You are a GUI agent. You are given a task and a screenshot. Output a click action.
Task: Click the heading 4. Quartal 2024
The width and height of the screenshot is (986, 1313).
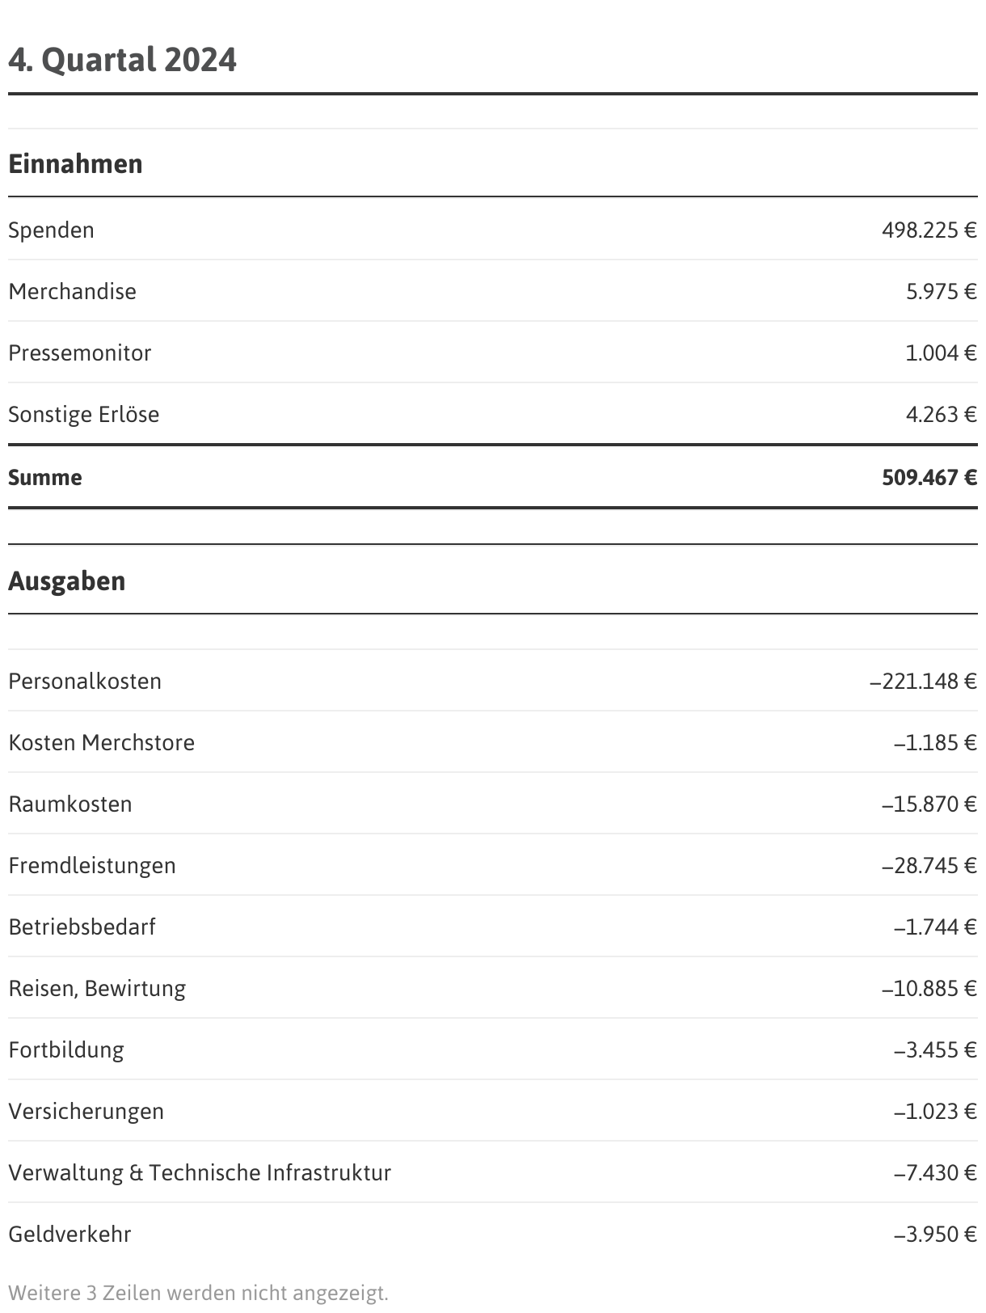point(122,60)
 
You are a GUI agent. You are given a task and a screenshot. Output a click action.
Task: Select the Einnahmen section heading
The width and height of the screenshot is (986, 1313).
point(75,164)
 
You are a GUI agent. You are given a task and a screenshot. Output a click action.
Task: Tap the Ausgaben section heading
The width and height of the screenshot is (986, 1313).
point(67,581)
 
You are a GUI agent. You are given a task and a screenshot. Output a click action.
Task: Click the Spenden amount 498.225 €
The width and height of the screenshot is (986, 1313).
point(929,230)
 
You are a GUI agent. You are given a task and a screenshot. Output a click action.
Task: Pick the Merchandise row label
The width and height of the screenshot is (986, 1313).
point(72,292)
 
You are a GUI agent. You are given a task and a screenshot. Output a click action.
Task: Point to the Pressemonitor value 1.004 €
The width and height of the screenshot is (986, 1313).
point(940,353)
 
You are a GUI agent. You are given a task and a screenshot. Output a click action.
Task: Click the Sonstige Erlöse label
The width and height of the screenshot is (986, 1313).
point(83,415)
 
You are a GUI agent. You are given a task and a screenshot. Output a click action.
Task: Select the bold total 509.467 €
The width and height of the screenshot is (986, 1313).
point(929,478)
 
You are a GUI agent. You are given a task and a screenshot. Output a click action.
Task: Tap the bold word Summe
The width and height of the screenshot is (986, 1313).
point(45,478)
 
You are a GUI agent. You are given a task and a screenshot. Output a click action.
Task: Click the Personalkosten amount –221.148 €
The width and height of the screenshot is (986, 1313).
point(923,682)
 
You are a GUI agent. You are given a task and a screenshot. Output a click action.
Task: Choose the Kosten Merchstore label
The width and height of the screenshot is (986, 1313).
point(101,743)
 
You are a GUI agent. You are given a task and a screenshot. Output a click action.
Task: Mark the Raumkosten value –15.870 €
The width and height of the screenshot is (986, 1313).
point(929,804)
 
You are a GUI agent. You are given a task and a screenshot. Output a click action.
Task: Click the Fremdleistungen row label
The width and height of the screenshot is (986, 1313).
point(91,866)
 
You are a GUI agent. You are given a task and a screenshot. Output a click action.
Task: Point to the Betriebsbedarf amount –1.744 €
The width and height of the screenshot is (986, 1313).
point(935,927)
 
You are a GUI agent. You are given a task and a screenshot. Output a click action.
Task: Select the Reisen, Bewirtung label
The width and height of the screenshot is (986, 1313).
point(97,989)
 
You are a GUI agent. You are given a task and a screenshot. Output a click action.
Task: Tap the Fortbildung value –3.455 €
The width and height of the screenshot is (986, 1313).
point(935,1050)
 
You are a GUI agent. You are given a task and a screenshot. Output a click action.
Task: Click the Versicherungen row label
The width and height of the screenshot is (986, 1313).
point(86,1112)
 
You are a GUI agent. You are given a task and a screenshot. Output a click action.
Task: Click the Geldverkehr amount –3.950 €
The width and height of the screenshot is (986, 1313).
point(935,1235)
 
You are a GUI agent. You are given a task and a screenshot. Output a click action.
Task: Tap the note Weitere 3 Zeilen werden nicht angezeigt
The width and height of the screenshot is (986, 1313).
point(198,1293)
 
